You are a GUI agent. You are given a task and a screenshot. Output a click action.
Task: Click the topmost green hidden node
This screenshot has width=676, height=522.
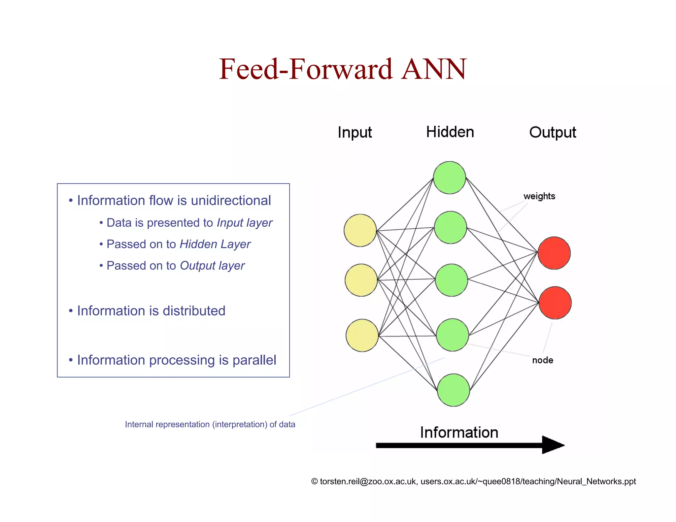tap(449, 178)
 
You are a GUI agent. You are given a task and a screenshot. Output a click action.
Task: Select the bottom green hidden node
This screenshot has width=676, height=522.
tap(453, 390)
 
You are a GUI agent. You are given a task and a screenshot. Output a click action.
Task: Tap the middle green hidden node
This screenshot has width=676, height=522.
tap(451, 280)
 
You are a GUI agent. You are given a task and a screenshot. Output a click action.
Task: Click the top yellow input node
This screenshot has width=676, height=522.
tap(360, 230)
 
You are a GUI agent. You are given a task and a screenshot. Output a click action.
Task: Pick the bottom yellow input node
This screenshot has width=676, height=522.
tap(362, 335)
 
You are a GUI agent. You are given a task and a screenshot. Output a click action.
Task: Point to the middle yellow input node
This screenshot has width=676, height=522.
tap(361, 280)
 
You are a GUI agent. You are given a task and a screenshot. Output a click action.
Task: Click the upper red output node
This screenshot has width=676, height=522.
tap(554, 253)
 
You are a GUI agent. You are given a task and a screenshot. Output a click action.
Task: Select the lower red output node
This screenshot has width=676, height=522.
tap(555, 303)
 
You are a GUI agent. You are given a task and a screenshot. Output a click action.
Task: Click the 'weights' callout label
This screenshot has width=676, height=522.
tap(539, 196)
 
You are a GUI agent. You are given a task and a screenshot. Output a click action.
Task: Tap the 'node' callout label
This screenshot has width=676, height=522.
tap(542, 360)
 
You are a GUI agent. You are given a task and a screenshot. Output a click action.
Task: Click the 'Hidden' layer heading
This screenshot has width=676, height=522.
tap(450, 132)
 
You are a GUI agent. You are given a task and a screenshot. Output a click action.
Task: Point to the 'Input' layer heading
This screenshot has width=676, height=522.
tap(355, 133)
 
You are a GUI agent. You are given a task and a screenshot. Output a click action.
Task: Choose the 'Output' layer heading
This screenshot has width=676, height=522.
tap(553, 133)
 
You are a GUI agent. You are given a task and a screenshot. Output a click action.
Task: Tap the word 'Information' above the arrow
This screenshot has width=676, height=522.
tap(459, 432)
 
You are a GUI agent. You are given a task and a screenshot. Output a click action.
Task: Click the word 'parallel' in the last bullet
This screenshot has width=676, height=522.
tap(254, 360)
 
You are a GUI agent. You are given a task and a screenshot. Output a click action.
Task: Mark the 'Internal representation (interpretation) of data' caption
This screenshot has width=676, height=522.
tap(210, 424)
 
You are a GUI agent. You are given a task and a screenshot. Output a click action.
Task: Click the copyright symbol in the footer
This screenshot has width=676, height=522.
tap(314, 481)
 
